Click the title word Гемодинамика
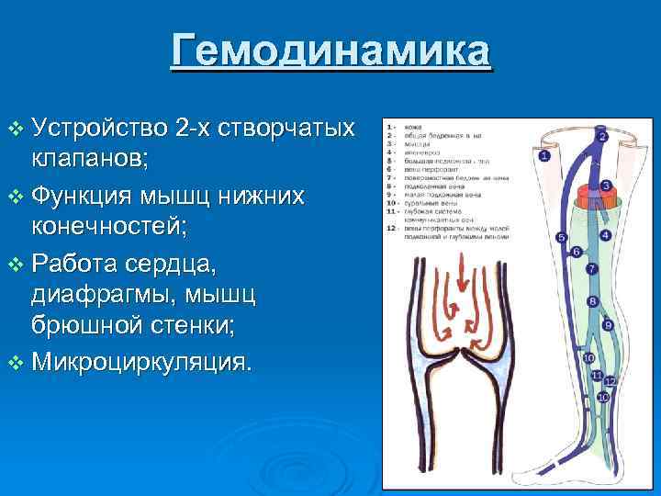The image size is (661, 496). (x=330, y=51)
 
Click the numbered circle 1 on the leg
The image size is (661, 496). (x=543, y=156)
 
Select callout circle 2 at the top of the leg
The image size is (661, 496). (x=602, y=136)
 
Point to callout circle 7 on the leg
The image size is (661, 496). (x=591, y=269)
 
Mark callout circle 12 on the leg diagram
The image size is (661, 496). (x=610, y=379)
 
